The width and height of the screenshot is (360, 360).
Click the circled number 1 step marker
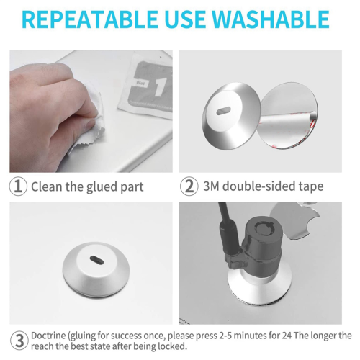(18, 186)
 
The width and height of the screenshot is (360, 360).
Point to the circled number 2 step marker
(189, 186)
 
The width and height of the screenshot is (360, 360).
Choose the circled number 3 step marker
(19, 341)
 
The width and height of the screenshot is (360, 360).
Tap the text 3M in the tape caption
(211, 186)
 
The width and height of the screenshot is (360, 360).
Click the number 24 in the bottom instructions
(287, 336)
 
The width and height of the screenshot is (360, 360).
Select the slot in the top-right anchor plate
(224, 111)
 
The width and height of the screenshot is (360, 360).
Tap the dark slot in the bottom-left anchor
(96, 261)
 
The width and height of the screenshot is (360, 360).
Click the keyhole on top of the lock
(265, 228)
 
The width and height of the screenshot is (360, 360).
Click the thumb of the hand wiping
(81, 125)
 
